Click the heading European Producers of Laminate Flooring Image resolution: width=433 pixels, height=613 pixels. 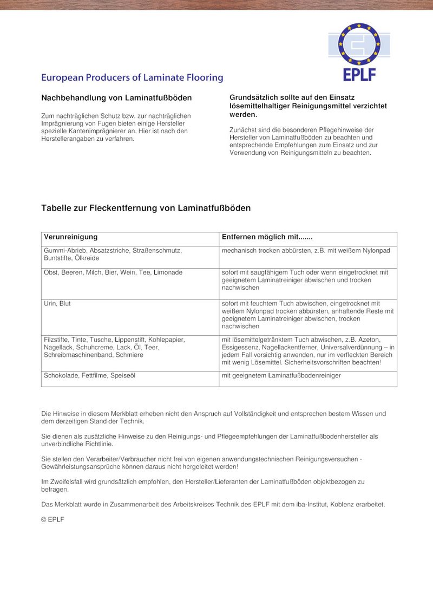pyautogui.click(x=132, y=77)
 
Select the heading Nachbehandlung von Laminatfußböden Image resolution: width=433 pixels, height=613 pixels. pyautogui.click(x=116, y=98)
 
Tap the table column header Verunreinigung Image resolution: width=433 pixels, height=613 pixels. pyautogui.click(x=70, y=237)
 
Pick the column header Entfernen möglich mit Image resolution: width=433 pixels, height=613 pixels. pyautogui.click(x=267, y=237)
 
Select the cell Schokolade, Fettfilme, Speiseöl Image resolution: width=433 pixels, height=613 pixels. pyautogui.click(x=89, y=375)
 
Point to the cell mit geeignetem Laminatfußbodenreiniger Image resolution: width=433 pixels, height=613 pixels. pyautogui.click(x=281, y=375)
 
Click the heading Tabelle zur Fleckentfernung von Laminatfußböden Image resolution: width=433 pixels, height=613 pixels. pyautogui.click(x=146, y=208)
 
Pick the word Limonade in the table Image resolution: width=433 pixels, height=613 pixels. pyautogui.click(x=168, y=272)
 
